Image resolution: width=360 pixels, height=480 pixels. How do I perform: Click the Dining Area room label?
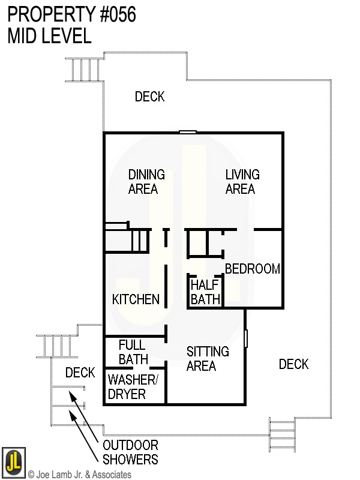coord(146,181)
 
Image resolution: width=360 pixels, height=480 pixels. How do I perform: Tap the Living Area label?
coord(242,181)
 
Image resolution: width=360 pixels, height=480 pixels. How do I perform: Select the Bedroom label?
coord(252,269)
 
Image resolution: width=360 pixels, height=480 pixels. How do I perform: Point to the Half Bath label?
coord(205,292)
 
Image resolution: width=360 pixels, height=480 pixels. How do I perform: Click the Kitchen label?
coord(136,299)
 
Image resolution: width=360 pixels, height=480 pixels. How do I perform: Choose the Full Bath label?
coord(133,352)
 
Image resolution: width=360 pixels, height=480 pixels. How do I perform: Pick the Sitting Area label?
coord(207,358)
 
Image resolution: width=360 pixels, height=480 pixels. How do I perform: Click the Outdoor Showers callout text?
coord(130,452)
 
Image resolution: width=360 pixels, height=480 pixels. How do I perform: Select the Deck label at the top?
coord(149,97)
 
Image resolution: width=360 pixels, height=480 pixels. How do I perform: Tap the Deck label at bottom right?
coord(293,364)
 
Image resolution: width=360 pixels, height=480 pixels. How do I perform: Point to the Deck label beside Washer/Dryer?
coord(80,373)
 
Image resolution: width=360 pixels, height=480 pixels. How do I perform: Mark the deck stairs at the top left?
coord(82,69)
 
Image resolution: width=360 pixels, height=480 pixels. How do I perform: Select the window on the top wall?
coord(188,132)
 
